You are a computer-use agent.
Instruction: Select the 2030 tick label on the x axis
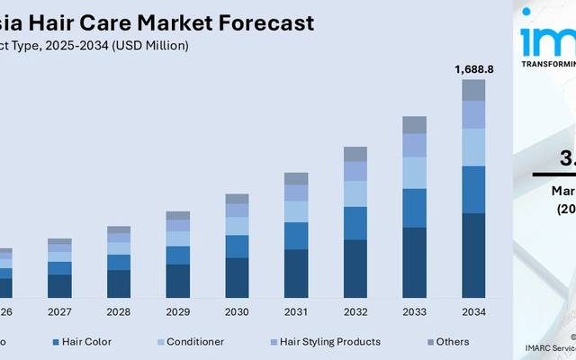coord(237,311)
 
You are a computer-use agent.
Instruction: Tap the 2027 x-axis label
coord(59,311)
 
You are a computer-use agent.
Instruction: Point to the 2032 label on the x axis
coord(355,311)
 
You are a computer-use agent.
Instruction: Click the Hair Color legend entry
coord(86,342)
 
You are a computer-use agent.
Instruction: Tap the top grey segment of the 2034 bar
coord(473,89)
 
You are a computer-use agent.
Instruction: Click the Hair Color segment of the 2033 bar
coord(414,207)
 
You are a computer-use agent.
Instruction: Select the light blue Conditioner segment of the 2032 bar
coord(355,193)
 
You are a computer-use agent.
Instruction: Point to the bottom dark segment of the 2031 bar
coord(296,273)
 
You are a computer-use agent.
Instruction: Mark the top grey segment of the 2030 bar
coord(237,198)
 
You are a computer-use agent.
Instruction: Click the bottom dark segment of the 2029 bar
coord(178,280)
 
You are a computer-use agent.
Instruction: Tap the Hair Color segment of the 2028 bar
coord(119,262)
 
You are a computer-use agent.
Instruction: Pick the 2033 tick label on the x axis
coord(414,311)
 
